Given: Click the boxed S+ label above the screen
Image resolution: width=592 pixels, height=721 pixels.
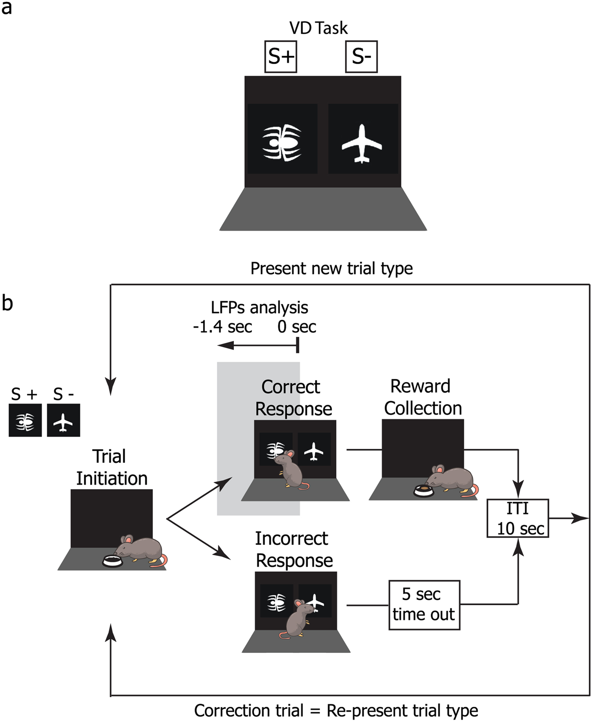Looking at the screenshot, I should [281, 57].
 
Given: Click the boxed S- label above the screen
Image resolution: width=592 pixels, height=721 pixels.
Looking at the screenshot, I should [361, 57].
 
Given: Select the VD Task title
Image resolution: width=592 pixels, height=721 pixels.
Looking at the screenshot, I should [318, 28].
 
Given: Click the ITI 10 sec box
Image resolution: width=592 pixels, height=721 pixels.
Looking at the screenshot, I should [517, 518].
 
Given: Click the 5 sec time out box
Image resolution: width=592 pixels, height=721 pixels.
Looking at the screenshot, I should [424, 605].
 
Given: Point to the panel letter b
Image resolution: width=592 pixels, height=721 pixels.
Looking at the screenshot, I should [7, 303].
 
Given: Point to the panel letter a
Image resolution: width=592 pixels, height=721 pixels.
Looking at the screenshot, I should [6, 7].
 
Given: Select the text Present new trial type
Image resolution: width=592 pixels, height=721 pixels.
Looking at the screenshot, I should [331, 268].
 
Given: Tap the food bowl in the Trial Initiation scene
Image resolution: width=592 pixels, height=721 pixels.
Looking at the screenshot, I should [113, 561].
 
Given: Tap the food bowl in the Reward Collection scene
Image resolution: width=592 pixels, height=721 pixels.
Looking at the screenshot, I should [423, 491].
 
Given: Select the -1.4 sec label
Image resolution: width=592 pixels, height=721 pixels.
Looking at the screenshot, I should [222, 327].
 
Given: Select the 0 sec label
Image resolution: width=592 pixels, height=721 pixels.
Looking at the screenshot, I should [296, 327].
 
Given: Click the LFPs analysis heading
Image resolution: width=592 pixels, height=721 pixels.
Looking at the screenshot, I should [259, 307].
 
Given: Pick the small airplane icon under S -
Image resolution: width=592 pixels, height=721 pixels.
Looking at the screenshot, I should [63, 420].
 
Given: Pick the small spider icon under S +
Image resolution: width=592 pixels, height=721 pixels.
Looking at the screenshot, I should [25, 420].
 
